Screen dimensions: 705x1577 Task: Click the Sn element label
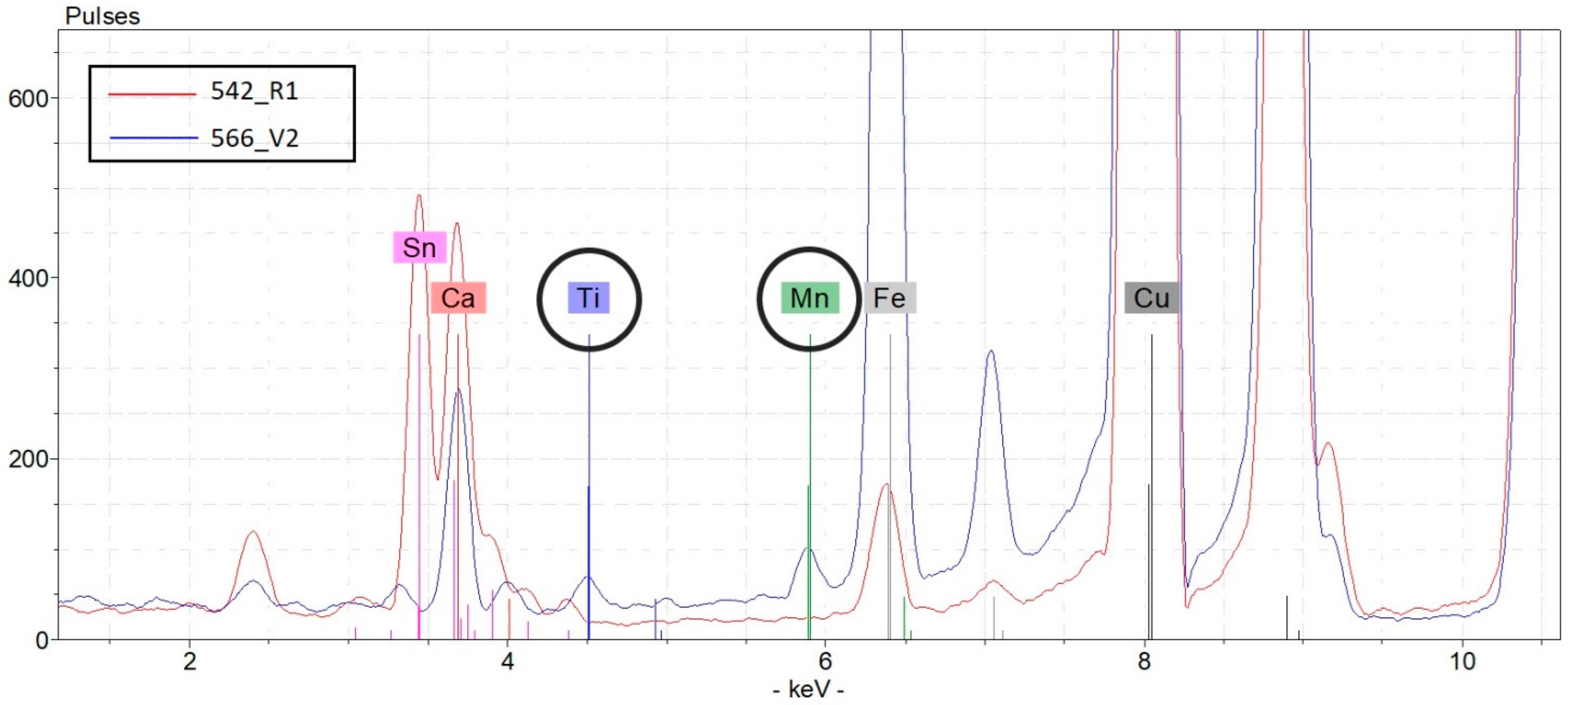(419, 248)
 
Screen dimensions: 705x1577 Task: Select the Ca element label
(458, 299)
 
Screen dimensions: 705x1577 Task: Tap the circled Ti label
(589, 299)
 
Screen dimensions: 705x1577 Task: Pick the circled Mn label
(809, 299)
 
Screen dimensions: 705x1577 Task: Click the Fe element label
(889, 299)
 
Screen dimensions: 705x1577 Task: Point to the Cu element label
(1151, 299)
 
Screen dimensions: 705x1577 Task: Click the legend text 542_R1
(254, 91)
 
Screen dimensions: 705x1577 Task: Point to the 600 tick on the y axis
(28, 99)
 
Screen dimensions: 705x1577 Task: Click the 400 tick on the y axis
(28, 278)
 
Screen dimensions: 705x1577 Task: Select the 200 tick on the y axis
(28, 459)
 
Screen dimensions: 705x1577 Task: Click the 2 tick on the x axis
(190, 661)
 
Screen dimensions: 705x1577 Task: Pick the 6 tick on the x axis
(825, 661)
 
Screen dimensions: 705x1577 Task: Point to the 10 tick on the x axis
(1462, 661)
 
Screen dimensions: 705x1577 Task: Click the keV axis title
(808, 690)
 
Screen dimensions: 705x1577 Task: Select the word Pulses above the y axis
(102, 16)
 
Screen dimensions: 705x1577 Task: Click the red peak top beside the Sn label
(419, 196)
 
